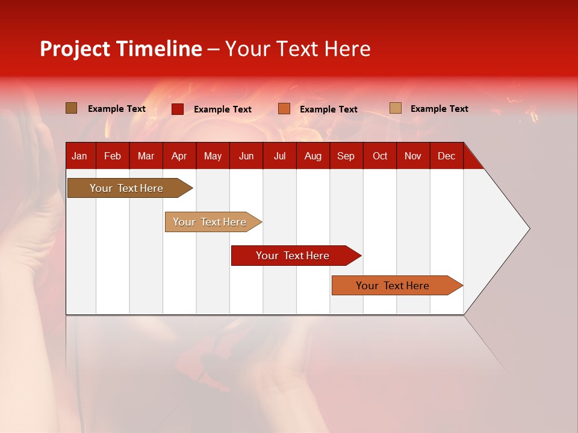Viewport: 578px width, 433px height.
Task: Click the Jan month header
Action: [x=80, y=156]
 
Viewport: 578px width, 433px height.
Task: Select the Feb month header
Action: [x=113, y=156]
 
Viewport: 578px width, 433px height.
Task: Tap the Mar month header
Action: [x=146, y=156]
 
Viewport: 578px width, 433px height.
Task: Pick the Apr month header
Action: [x=179, y=156]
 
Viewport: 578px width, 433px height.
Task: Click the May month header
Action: [x=213, y=156]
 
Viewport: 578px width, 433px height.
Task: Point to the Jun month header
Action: [x=246, y=156]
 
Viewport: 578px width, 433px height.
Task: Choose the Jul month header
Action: [x=279, y=156]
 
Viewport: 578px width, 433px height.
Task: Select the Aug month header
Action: [x=313, y=156]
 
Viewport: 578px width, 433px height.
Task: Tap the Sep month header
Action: [x=346, y=156]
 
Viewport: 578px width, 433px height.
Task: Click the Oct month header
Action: [x=380, y=156]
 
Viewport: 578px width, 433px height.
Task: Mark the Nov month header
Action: [x=413, y=156]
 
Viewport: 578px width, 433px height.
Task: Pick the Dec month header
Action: [x=447, y=156]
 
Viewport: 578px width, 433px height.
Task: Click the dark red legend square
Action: [x=178, y=109]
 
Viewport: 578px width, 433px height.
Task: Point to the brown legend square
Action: [x=72, y=108]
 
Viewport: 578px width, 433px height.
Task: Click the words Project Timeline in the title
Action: [x=121, y=49]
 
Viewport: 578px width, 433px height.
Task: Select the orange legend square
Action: [x=284, y=109]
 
